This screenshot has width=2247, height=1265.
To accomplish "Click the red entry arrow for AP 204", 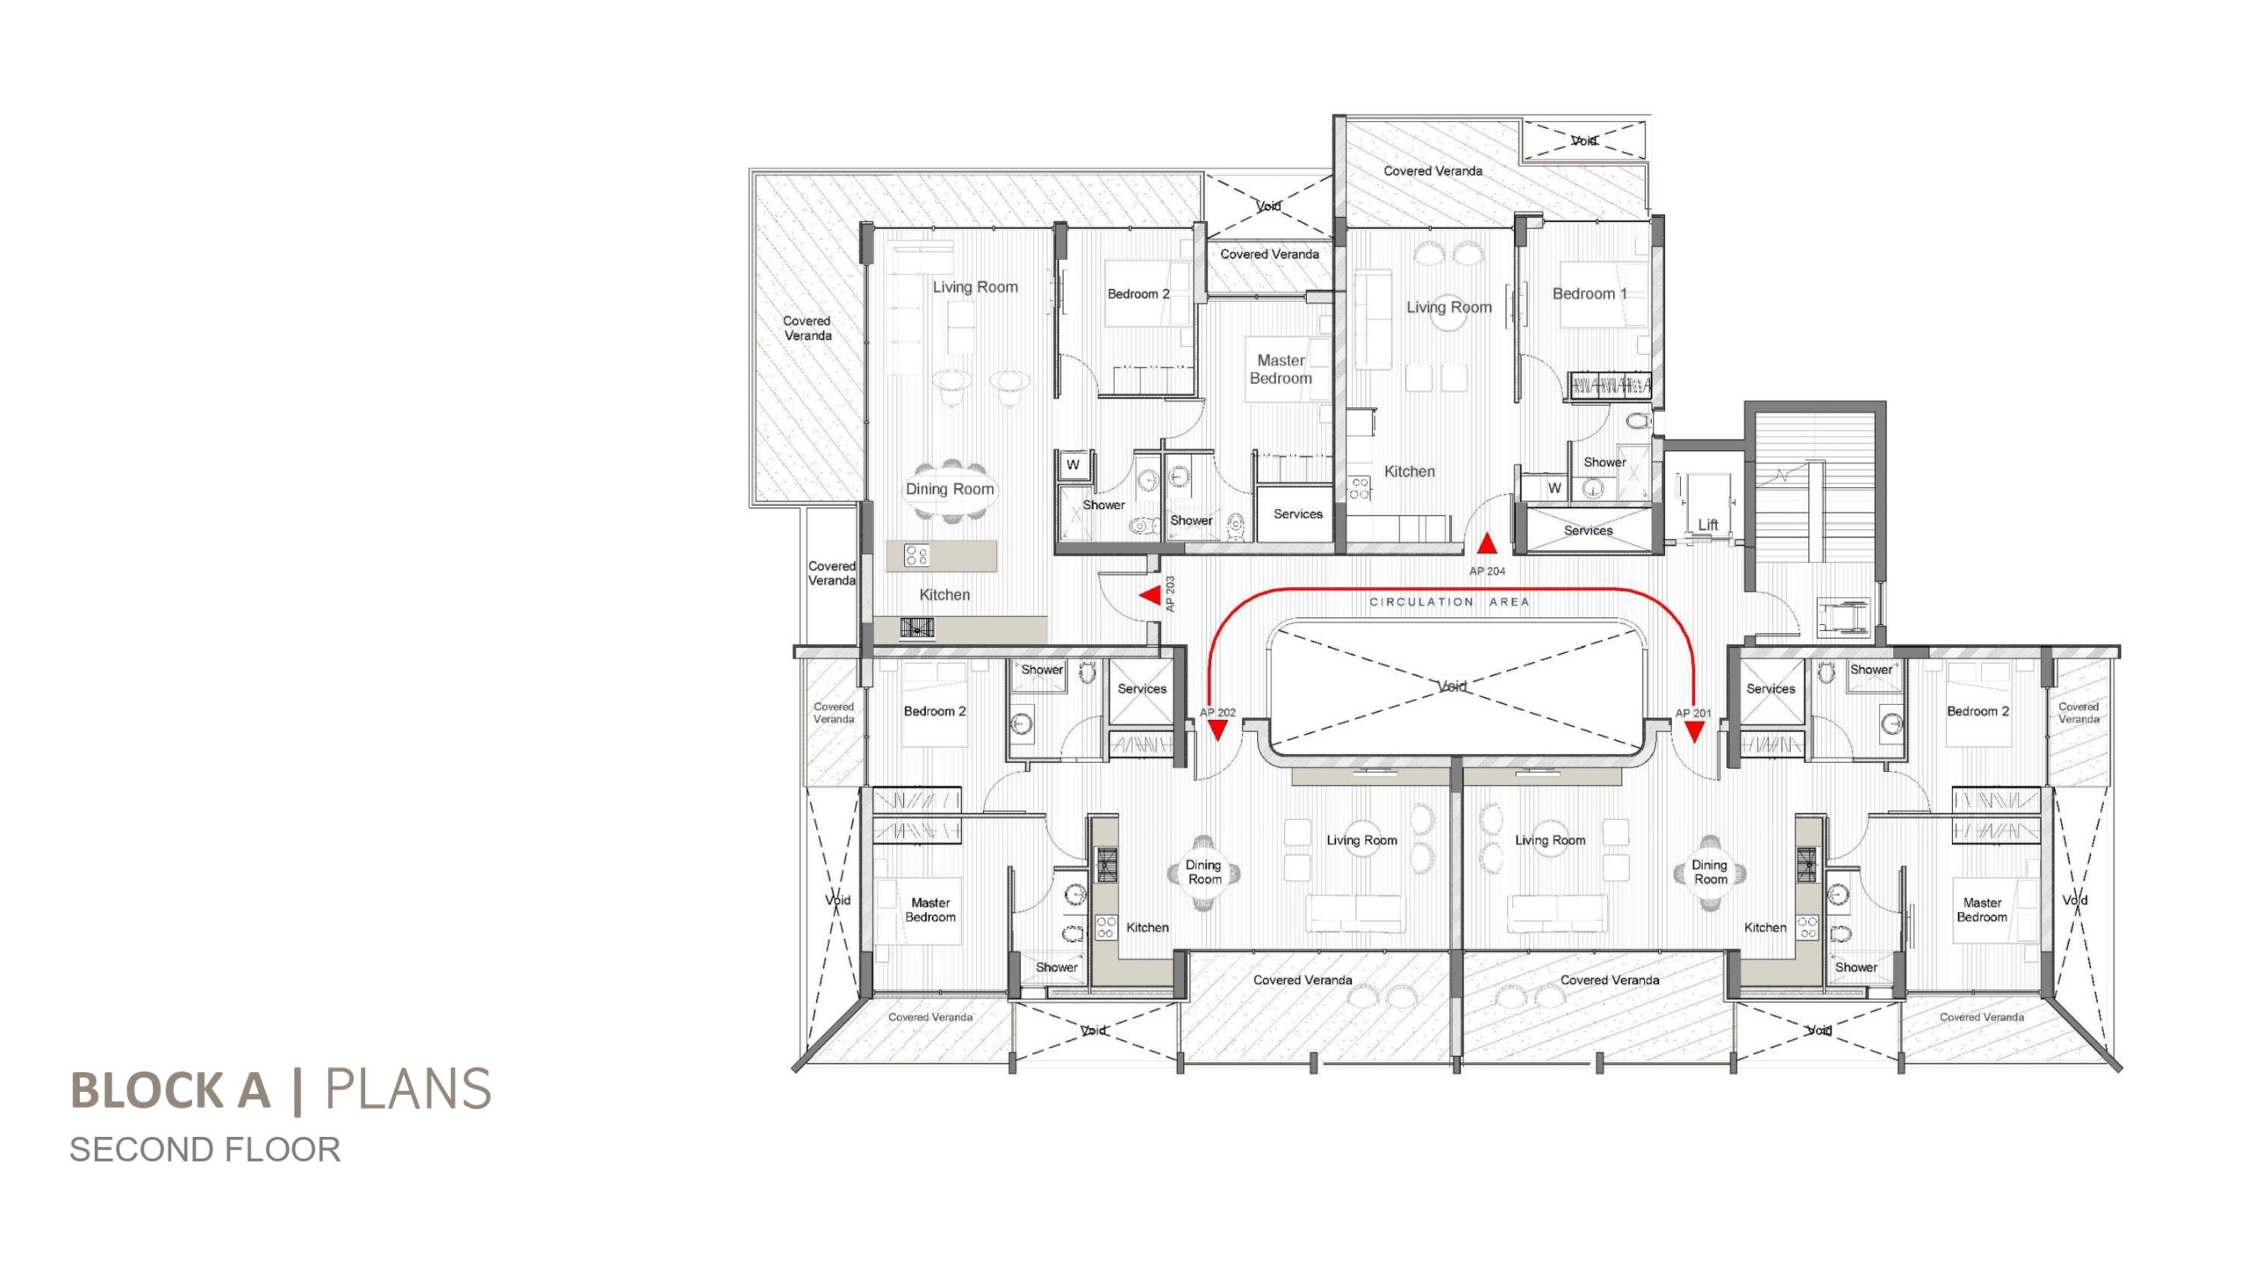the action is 1486,544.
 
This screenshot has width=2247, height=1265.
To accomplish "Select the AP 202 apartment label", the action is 1217,713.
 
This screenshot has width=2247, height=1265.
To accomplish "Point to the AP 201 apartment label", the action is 1693,713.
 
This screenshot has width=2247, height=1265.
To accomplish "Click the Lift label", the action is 1707,525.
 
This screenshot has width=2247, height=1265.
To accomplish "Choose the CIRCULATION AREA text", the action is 1449,602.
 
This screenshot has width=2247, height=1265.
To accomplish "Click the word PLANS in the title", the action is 408,1089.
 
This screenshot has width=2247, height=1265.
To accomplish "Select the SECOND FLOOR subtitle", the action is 205,1150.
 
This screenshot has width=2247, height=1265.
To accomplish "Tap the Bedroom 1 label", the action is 1590,294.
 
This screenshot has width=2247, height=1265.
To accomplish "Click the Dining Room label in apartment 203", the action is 950,489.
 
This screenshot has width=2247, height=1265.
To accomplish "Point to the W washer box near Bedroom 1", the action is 1554,488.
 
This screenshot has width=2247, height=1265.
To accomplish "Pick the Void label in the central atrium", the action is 1452,686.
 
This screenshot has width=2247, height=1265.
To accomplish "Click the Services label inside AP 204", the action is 1588,530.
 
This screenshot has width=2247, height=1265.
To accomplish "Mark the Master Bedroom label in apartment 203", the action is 1281,370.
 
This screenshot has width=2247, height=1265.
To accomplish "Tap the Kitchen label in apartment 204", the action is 1410,471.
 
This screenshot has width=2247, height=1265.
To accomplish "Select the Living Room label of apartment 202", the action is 1361,840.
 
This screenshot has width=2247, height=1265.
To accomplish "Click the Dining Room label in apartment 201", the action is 1710,872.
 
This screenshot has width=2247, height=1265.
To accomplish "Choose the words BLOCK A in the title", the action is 170,1090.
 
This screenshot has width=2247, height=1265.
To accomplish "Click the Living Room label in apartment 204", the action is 1449,307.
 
